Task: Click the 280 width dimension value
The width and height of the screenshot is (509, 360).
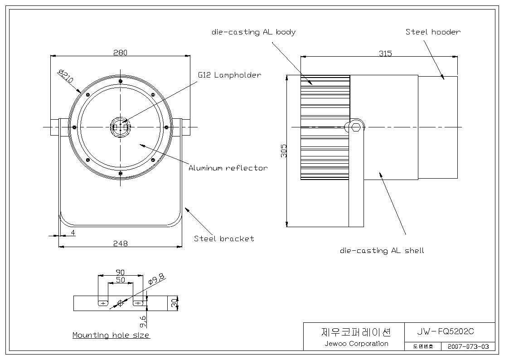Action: pyautogui.click(x=120, y=52)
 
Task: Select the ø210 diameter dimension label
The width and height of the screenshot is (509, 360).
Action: pyautogui.click(x=66, y=76)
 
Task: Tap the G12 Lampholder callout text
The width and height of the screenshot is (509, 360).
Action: pyautogui.click(x=229, y=75)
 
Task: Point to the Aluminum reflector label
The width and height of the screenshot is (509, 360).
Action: pyautogui.click(x=228, y=168)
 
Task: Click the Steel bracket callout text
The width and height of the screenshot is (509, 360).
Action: pyautogui.click(x=224, y=238)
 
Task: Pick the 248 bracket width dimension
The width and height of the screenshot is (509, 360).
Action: pyautogui.click(x=121, y=243)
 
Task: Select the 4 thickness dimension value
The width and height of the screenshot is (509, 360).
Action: pyautogui.click(x=73, y=233)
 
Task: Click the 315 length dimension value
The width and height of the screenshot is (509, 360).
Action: pyautogui.click(x=385, y=53)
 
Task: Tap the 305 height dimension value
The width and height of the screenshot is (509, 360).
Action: pyautogui.click(x=284, y=151)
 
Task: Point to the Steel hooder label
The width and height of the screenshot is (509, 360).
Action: pyautogui.click(x=433, y=32)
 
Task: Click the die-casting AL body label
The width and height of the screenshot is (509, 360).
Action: pyautogui.click(x=253, y=32)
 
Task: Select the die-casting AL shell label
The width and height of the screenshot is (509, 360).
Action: pyautogui.click(x=382, y=250)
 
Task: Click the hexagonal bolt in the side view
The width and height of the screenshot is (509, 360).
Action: pyautogui.click(x=356, y=127)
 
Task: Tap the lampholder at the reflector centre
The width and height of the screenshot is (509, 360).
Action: pyautogui.click(x=121, y=127)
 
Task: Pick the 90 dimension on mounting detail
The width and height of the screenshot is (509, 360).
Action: pyautogui.click(x=120, y=272)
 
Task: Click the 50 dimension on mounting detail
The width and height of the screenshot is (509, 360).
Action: pyautogui.click(x=121, y=279)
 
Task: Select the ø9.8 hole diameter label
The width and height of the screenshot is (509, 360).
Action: pyautogui.click(x=156, y=278)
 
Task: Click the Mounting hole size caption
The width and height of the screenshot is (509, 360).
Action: pyautogui.click(x=111, y=335)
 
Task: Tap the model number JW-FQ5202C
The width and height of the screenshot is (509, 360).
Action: pyautogui.click(x=446, y=331)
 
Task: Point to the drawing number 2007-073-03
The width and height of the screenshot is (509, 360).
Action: pyautogui.click(x=468, y=346)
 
